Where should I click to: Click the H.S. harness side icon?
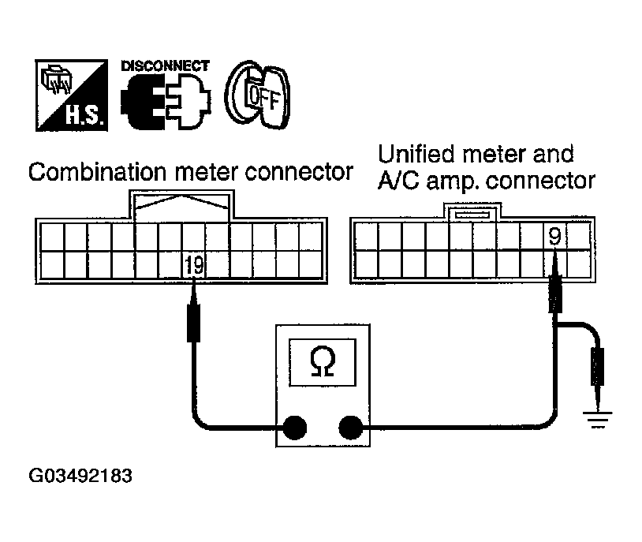click(x=69, y=97)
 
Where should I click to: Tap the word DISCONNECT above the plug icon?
click(x=165, y=65)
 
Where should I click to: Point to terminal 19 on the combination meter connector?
click(x=194, y=265)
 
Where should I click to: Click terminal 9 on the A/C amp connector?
click(x=554, y=234)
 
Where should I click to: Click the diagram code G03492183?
click(x=80, y=477)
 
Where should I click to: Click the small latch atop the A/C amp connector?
click(x=469, y=212)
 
